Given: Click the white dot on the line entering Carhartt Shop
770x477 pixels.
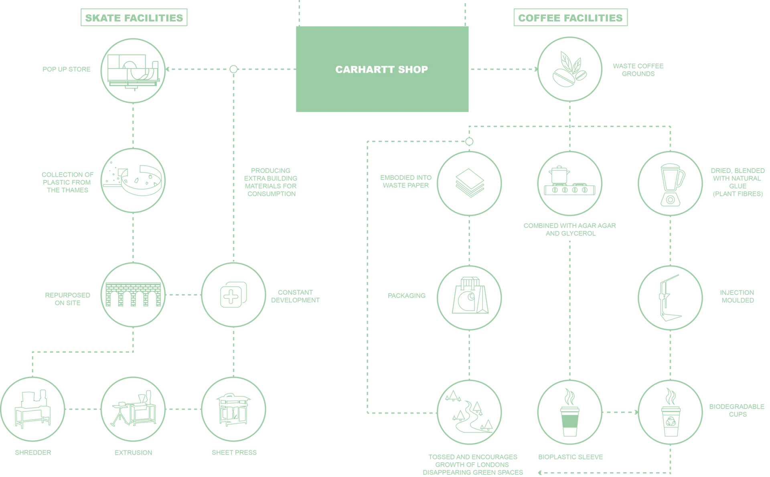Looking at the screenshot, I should pyautogui.click(x=233, y=69).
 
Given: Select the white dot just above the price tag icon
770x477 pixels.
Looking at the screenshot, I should pyautogui.click(x=469, y=141).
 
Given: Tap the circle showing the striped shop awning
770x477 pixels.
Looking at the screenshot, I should pyautogui.click(x=133, y=295).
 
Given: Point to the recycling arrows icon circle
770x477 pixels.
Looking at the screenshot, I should pyautogui.click(x=469, y=411).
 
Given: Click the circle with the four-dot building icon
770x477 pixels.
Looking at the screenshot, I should pyautogui.click(x=233, y=295).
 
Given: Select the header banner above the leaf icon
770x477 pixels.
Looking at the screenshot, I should pyautogui.click(x=570, y=18).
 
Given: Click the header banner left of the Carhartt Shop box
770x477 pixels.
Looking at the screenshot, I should pyautogui.click(x=133, y=18).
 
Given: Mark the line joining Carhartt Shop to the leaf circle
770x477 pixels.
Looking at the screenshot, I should pyautogui.click(x=503, y=71).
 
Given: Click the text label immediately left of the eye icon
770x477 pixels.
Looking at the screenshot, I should pyautogui.click(x=68, y=183).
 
